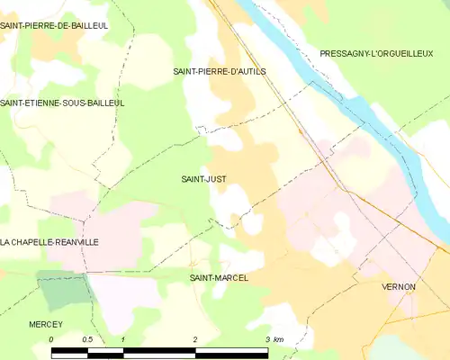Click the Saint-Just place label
(203, 179)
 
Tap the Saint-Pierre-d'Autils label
(220, 70)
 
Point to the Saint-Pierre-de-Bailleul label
(54, 26)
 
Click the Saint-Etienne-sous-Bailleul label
(62, 103)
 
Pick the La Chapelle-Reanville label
(49, 242)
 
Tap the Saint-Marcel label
(218, 278)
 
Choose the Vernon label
(398, 286)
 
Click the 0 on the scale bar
(51, 339)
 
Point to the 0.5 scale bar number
(87, 339)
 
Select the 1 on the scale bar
(122, 339)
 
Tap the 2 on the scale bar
(194, 339)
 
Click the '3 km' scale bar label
(274, 339)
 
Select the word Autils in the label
(248, 70)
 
